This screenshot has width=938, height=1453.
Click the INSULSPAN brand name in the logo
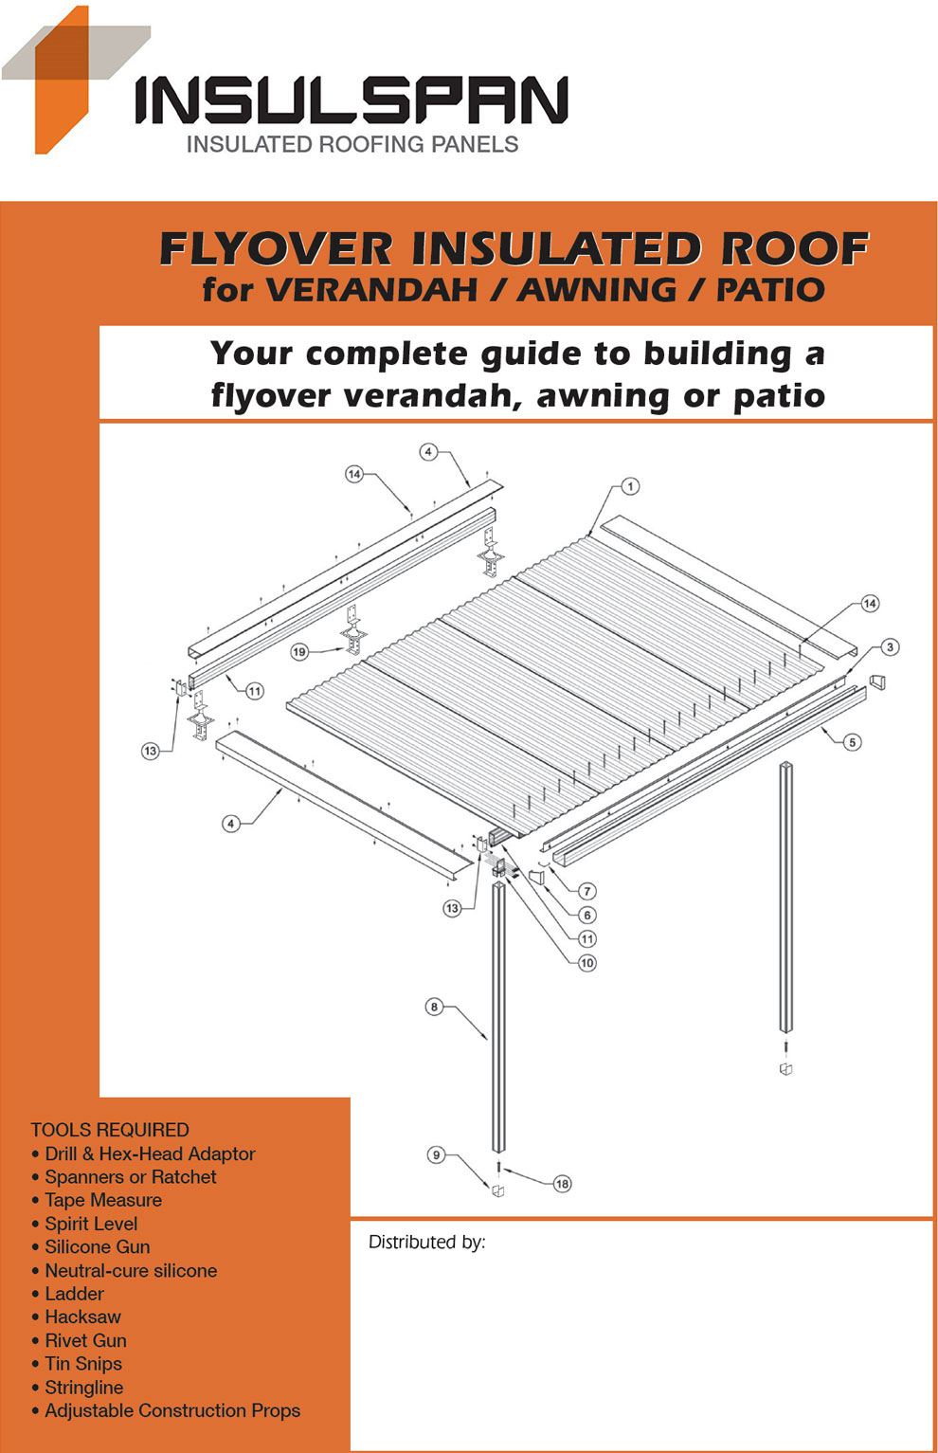(351, 100)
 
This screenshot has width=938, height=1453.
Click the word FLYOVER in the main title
(276, 248)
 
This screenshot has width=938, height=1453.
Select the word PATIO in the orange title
(769, 290)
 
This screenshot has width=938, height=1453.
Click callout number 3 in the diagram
(890, 647)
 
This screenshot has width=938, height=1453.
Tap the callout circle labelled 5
(853, 742)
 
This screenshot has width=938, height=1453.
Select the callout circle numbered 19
(299, 652)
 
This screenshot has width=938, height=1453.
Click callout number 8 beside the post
(434, 1007)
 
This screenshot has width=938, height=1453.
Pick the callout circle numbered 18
(563, 1184)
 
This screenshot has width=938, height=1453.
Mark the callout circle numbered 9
(436, 1154)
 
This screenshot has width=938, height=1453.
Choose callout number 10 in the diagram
(587, 963)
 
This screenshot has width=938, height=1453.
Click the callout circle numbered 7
(587, 891)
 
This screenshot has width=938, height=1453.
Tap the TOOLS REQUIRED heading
(110, 1130)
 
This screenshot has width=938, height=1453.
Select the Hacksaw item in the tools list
(82, 1317)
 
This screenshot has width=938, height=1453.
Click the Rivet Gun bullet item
(85, 1340)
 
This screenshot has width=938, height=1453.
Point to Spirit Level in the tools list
(91, 1224)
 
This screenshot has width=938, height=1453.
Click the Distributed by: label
(426, 1242)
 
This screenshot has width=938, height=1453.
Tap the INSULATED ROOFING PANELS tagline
(352, 144)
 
